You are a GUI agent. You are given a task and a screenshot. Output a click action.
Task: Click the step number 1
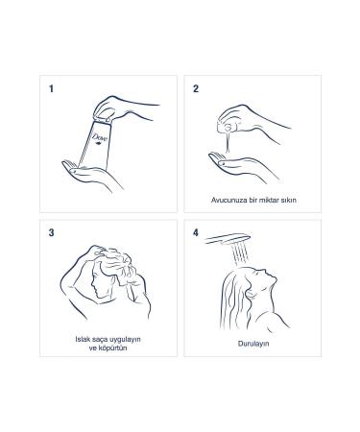tap(51, 89)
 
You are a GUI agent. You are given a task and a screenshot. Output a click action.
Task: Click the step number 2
tap(196, 89)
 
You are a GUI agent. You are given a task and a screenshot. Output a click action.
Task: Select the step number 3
tap(51, 232)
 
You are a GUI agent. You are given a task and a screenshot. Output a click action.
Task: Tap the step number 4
tap(196, 232)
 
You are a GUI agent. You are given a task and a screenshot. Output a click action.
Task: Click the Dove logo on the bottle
tap(100, 140)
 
